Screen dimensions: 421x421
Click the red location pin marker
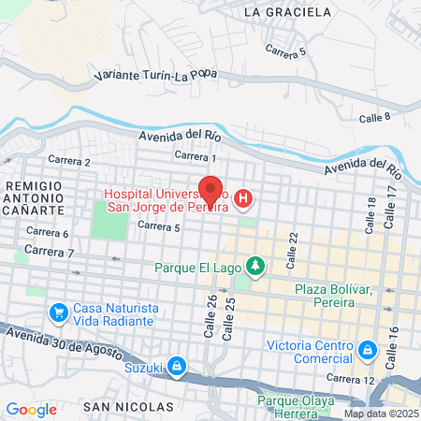[x=210, y=190]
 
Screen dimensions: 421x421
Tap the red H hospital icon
[x=243, y=198]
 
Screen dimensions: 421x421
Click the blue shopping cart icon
[x=58, y=312]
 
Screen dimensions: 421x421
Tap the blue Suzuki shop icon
[x=178, y=366]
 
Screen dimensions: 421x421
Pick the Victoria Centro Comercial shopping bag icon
[x=369, y=350]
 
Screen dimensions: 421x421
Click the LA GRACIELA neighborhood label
[x=286, y=12]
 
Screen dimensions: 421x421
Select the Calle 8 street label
[x=374, y=116]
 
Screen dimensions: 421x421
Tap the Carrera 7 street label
[x=49, y=252]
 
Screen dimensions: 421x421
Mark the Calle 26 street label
[x=210, y=316]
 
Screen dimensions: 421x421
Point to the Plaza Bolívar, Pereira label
[x=338, y=297]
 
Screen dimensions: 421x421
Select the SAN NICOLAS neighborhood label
[x=128, y=407]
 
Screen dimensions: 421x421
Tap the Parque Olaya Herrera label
[x=300, y=409]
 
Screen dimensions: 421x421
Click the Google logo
[x=31, y=409]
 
